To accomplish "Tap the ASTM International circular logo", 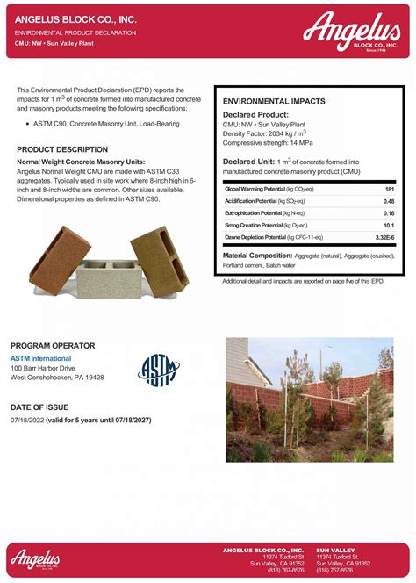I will (x=158, y=370).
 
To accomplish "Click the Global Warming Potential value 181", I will (x=388, y=189).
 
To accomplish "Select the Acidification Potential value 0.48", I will (x=388, y=201).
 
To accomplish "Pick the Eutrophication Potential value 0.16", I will (x=388, y=213).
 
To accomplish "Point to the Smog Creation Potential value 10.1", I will (x=388, y=226).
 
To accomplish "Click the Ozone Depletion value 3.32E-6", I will (x=384, y=238).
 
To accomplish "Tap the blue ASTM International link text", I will (x=42, y=359).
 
